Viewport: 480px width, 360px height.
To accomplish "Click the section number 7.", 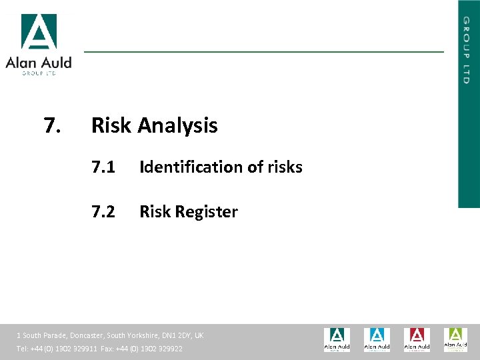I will click(52, 125).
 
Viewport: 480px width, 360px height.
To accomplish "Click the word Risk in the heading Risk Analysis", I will click(111, 125).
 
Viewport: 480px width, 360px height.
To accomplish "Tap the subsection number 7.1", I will click(103, 167).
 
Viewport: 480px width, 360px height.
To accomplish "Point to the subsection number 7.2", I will click(103, 212).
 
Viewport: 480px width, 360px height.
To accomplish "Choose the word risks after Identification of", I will click(285, 167).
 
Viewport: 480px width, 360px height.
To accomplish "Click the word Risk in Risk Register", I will click(153, 212).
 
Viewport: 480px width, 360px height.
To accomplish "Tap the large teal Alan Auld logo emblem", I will click(39, 31).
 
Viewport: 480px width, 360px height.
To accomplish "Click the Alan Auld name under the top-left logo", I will click(39, 63).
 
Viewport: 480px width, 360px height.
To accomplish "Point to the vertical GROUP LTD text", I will click(467, 50).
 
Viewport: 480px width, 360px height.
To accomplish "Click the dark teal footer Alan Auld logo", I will click(337, 339).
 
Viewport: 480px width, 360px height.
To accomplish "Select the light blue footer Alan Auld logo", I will click(377, 339).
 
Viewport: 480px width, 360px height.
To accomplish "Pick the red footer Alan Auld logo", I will click(417, 339).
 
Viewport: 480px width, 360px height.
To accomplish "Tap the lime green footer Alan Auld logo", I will click(456, 339).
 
